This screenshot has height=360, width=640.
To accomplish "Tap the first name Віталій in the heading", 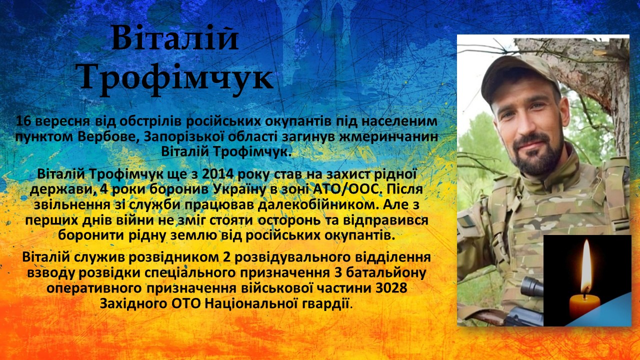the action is pyautogui.click(x=175, y=37).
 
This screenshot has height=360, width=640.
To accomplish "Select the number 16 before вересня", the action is pyautogui.click(x=23, y=121).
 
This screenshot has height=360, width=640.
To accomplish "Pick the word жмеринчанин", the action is pyautogui.click(x=388, y=136).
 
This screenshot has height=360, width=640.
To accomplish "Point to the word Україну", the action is pyautogui.click(x=239, y=189).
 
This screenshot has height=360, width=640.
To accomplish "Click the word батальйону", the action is pyautogui.click(x=386, y=273).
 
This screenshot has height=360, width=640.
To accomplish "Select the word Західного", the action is pyautogui.click(x=133, y=303).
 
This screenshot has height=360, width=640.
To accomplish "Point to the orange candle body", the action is pyautogui.click(x=585, y=307).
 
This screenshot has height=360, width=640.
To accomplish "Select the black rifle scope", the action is pyautogui.click(x=531, y=286).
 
